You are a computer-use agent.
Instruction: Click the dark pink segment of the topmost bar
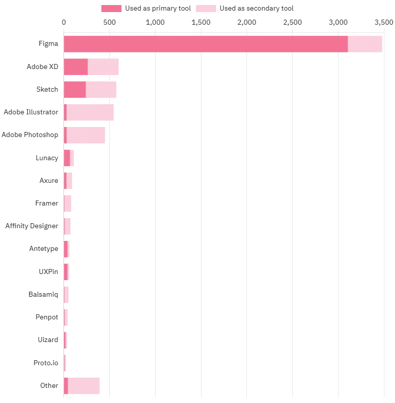coord(206,44)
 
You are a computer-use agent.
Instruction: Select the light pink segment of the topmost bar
coord(365,44)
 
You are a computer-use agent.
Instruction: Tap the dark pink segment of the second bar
coord(76,66)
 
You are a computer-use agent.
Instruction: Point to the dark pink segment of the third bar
coord(75,89)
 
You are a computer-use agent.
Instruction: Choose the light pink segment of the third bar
coord(101,89)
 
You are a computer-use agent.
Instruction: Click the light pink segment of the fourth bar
coord(92,111)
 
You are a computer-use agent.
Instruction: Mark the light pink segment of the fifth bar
coord(88,135)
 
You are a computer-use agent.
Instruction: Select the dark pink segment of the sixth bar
coord(67,158)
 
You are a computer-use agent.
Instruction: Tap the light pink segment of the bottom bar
coord(84,385)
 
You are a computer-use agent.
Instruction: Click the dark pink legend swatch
coord(112,8)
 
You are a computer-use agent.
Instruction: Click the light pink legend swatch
coord(206,8)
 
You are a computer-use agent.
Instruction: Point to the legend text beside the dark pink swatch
coord(159,8)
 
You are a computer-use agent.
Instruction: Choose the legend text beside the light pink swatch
coord(256,8)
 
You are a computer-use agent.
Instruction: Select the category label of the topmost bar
coord(48,44)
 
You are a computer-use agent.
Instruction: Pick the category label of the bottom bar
coord(50,386)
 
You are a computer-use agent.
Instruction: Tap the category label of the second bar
coord(42,66)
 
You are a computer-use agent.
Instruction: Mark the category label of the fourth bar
coord(30,112)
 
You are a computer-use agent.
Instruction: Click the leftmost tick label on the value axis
coord(64,22)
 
